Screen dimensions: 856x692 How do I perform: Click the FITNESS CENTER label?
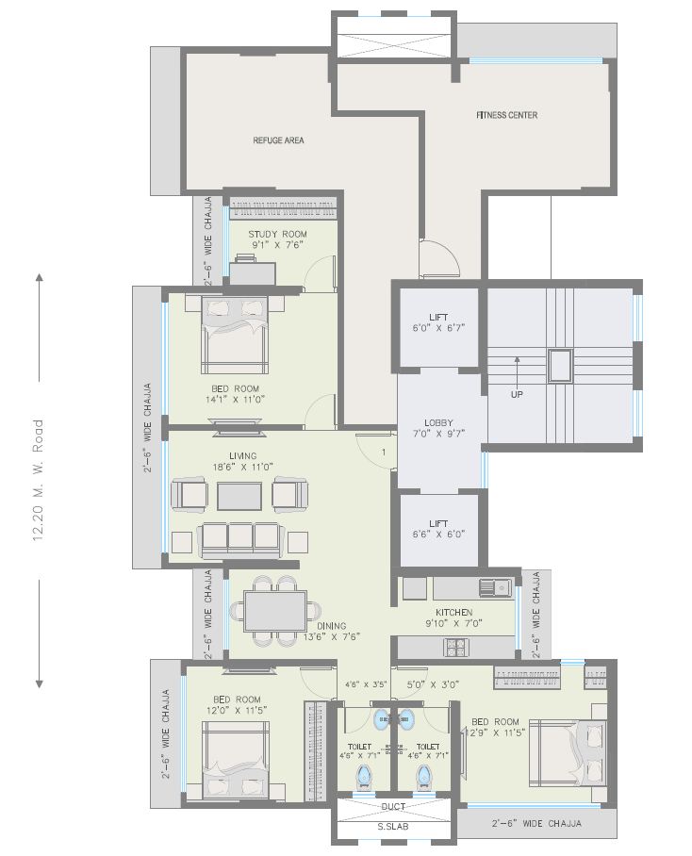pos(506,115)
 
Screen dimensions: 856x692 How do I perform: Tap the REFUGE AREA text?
pos(278,140)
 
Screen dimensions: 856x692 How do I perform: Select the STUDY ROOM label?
pos(277,234)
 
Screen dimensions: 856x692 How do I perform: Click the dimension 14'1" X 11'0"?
pos(235,399)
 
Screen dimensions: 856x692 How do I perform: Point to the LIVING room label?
pos(237,455)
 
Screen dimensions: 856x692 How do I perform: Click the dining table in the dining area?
pos(274,609)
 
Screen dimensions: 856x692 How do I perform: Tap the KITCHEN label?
pos(453,613)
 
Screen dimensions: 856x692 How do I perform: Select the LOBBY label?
pos(439,423)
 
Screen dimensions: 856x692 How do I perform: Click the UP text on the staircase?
pos(517,394)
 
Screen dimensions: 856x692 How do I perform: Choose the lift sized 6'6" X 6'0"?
pos(439,528)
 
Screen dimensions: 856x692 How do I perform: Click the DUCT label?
pos(394,807)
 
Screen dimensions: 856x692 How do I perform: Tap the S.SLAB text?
pos(394,827)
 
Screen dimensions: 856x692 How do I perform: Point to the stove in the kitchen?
pos(455,648)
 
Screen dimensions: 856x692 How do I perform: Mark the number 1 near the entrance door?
pos(383,453)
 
